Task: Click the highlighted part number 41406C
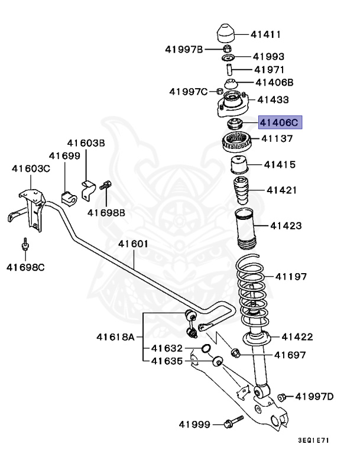(280, 123)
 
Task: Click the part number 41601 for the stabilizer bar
(132, 244)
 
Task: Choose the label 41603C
(31, 168)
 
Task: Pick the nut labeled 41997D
(282, 396)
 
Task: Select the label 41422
(297, 337)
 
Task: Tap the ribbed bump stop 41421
(241, 190)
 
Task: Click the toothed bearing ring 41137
(237, 141)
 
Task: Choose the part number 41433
(273, 100)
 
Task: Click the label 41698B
(106, 212)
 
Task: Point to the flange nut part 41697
(235, 353)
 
